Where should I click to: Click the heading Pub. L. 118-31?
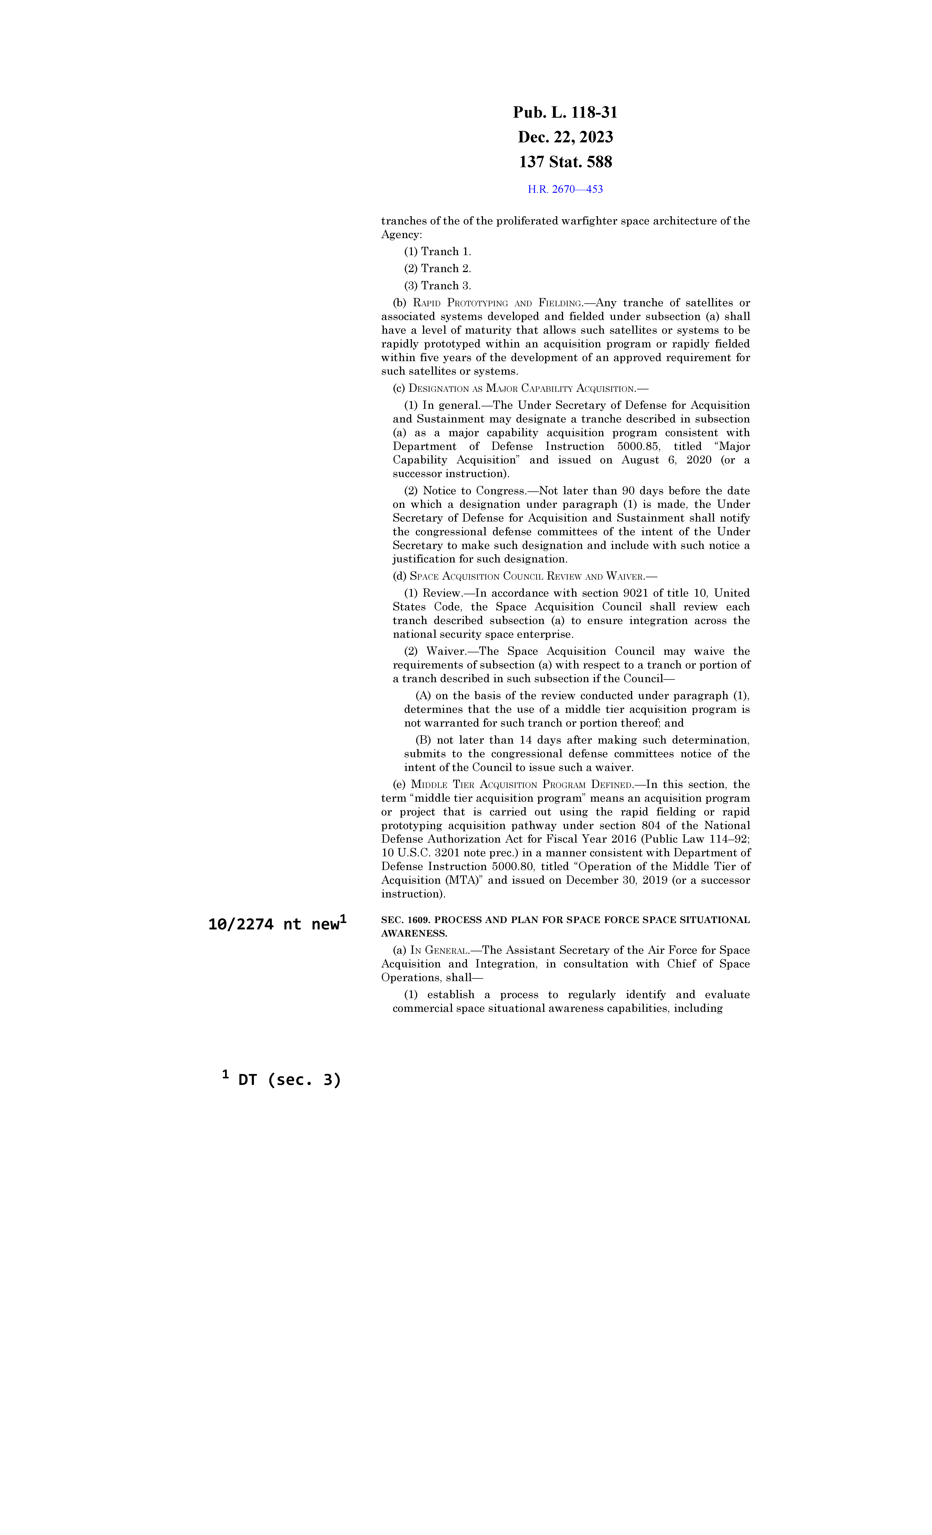(x=565, y=113)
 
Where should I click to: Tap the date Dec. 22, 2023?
(x=565, y=137)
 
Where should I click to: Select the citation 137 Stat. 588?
(x=565, y=162)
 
